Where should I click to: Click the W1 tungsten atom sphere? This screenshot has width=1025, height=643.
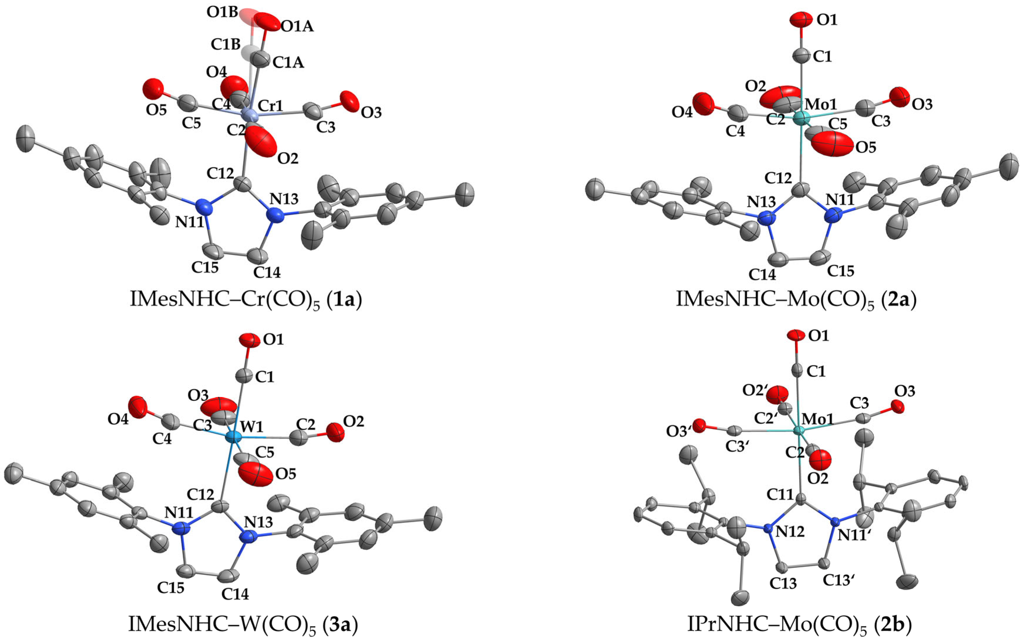(x=233, y=437)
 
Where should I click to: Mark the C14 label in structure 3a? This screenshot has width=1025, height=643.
(x=235, y=594)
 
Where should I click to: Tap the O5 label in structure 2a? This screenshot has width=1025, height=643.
(x=866, y=148)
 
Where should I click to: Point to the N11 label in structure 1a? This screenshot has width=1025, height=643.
(x=190, y=222)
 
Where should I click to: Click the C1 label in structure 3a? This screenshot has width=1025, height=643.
(x=264, y=377)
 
